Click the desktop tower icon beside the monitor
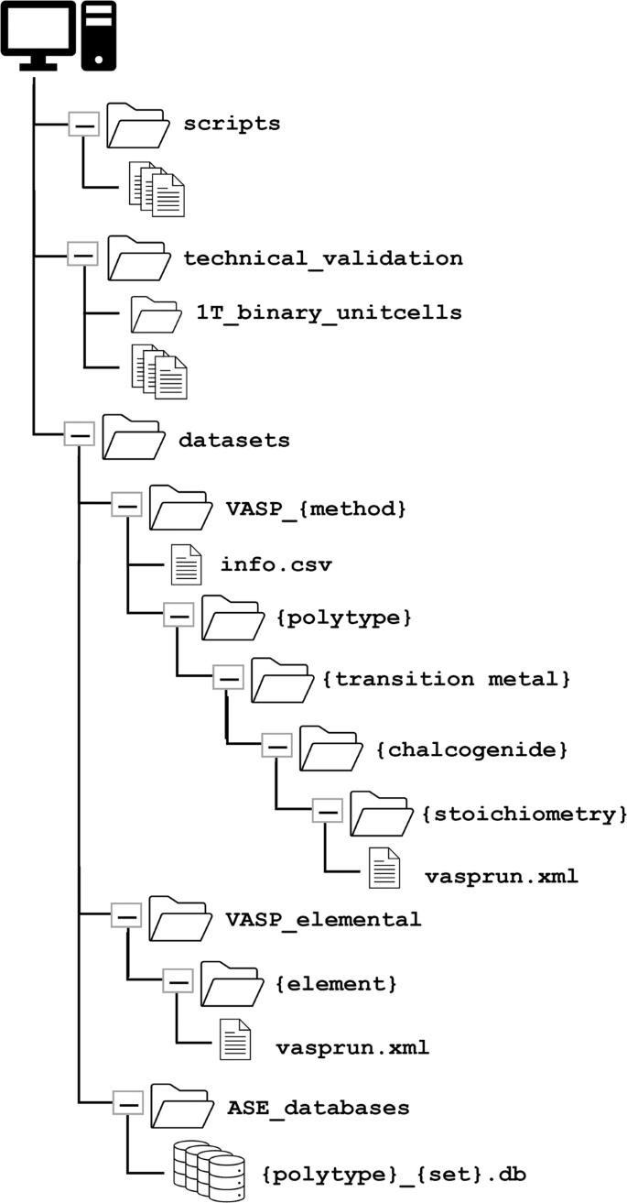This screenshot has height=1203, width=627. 98,36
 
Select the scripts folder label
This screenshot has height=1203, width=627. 232,124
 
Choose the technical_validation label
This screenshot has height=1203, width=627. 323,257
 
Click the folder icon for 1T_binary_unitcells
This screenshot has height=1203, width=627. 155,314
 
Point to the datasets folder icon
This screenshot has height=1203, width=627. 133,436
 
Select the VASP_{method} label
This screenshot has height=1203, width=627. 316,507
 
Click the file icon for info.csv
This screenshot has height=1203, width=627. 186,563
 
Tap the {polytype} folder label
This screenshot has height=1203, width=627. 343,618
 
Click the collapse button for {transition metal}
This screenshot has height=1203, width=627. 227,678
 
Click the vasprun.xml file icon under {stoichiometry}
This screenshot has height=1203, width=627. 384,868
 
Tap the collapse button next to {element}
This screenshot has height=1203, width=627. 178,981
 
